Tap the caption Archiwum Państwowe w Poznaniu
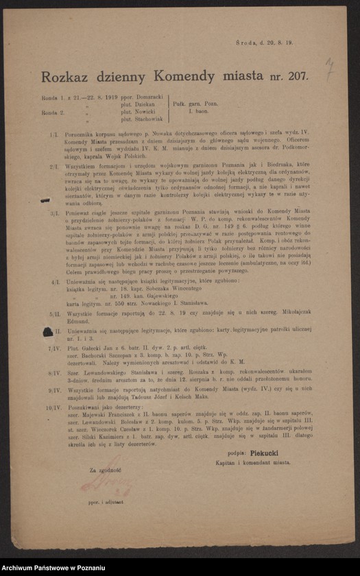pyautogui.click(x=53, y=568)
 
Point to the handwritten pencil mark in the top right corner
pyautogui.click(x=329, y=67)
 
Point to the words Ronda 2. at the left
pyautogui.click(x=53, y=112)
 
